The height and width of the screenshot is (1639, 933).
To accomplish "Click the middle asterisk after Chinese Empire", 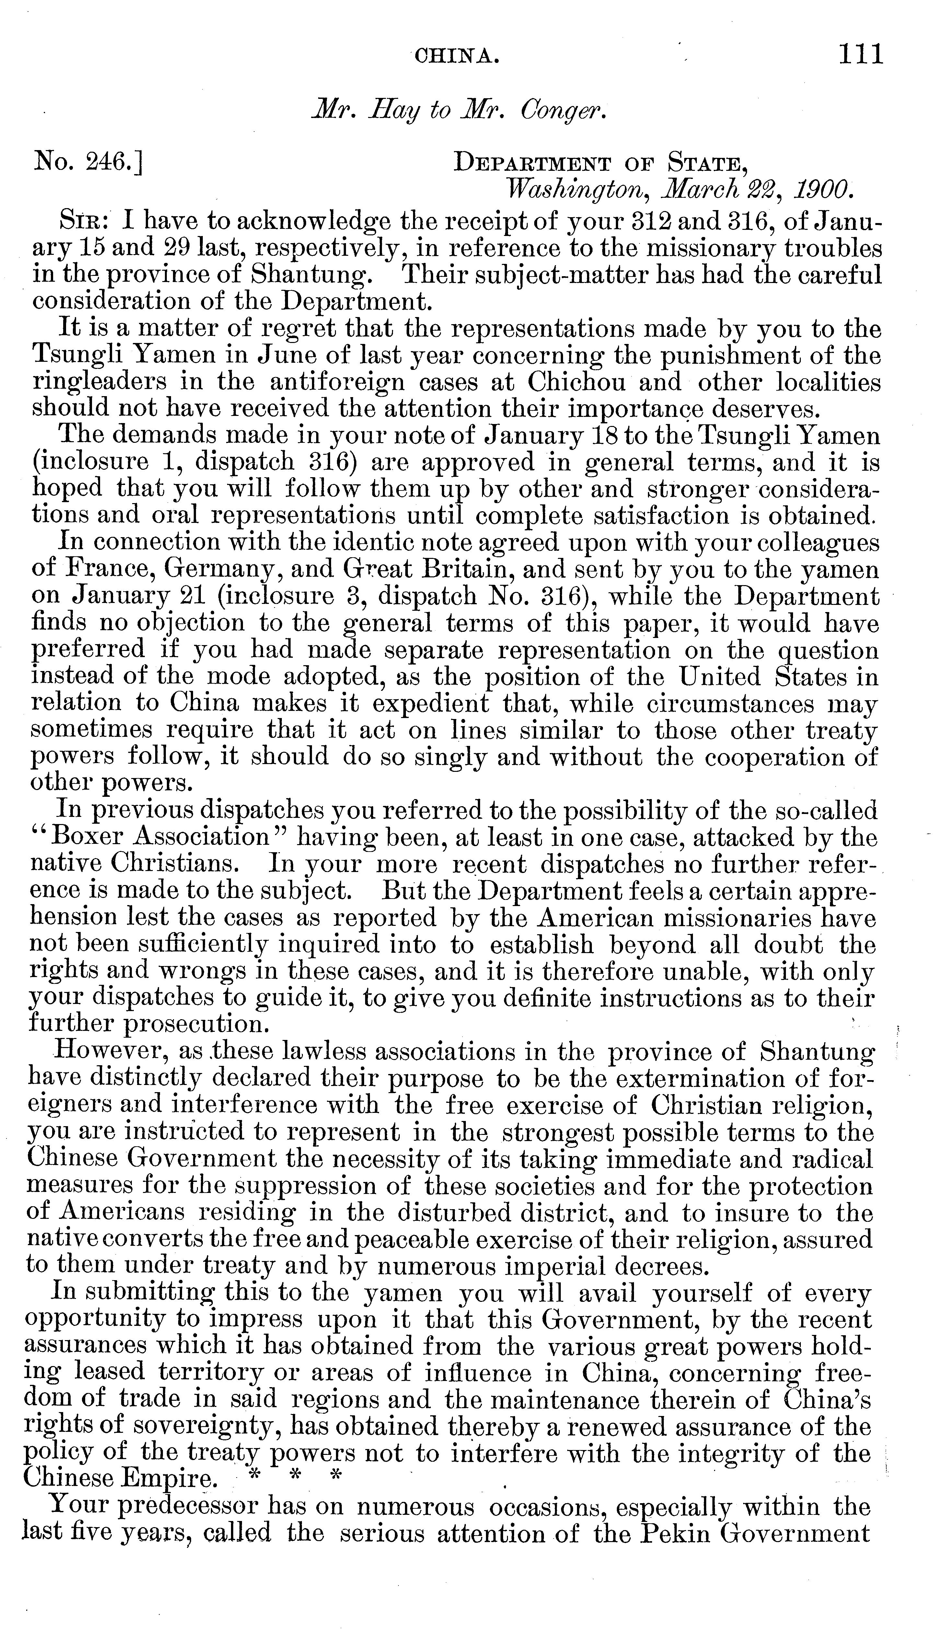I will pos(295,1480).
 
